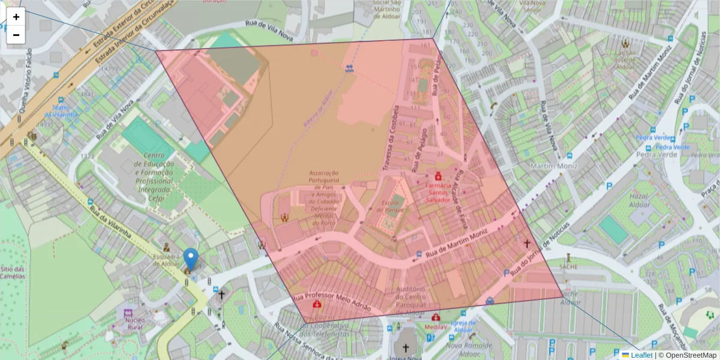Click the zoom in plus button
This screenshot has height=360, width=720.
pos(16,17)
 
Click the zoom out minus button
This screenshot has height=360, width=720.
pos(16,35)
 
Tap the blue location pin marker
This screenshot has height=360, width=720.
pos(190,259)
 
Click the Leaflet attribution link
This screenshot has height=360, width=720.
pos(641,355)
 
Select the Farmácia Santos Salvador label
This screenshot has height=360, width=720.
pos(438,193)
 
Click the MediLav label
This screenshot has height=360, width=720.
pos(436,327)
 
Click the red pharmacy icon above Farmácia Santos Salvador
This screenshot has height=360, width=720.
pos(438,178)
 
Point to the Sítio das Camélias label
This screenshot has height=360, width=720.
pos(12,272)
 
